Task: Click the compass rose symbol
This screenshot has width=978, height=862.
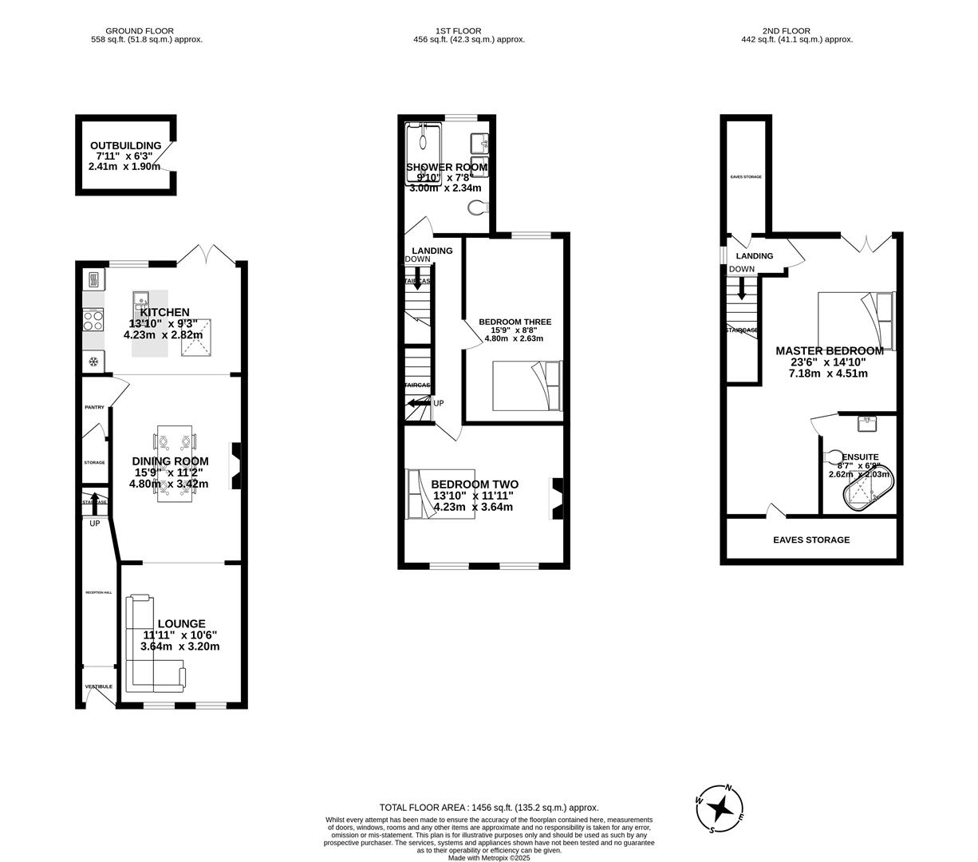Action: pos(720,809)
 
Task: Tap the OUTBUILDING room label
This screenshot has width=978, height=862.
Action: pos(125,145)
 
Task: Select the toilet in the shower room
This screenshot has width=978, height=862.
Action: pos(478,208)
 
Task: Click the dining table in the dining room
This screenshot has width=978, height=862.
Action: pos(175,463)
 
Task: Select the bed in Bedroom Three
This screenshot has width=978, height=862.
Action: pos(526,386)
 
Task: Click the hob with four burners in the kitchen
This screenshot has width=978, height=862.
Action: pos(93,321)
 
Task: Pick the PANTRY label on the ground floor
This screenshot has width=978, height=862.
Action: pos(94,408)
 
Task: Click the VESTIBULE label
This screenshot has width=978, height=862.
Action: pos(99,686)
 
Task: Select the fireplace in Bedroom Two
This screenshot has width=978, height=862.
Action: pos(556,499)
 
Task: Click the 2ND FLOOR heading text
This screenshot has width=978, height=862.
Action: pos(797,31)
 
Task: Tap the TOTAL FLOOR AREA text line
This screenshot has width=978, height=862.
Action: pos(488,808)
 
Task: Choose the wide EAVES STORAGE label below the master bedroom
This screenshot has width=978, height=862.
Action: pos(810,540)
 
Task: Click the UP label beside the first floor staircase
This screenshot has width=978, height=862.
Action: pos(439,404)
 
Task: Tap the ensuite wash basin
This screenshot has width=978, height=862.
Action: pos(866,422)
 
